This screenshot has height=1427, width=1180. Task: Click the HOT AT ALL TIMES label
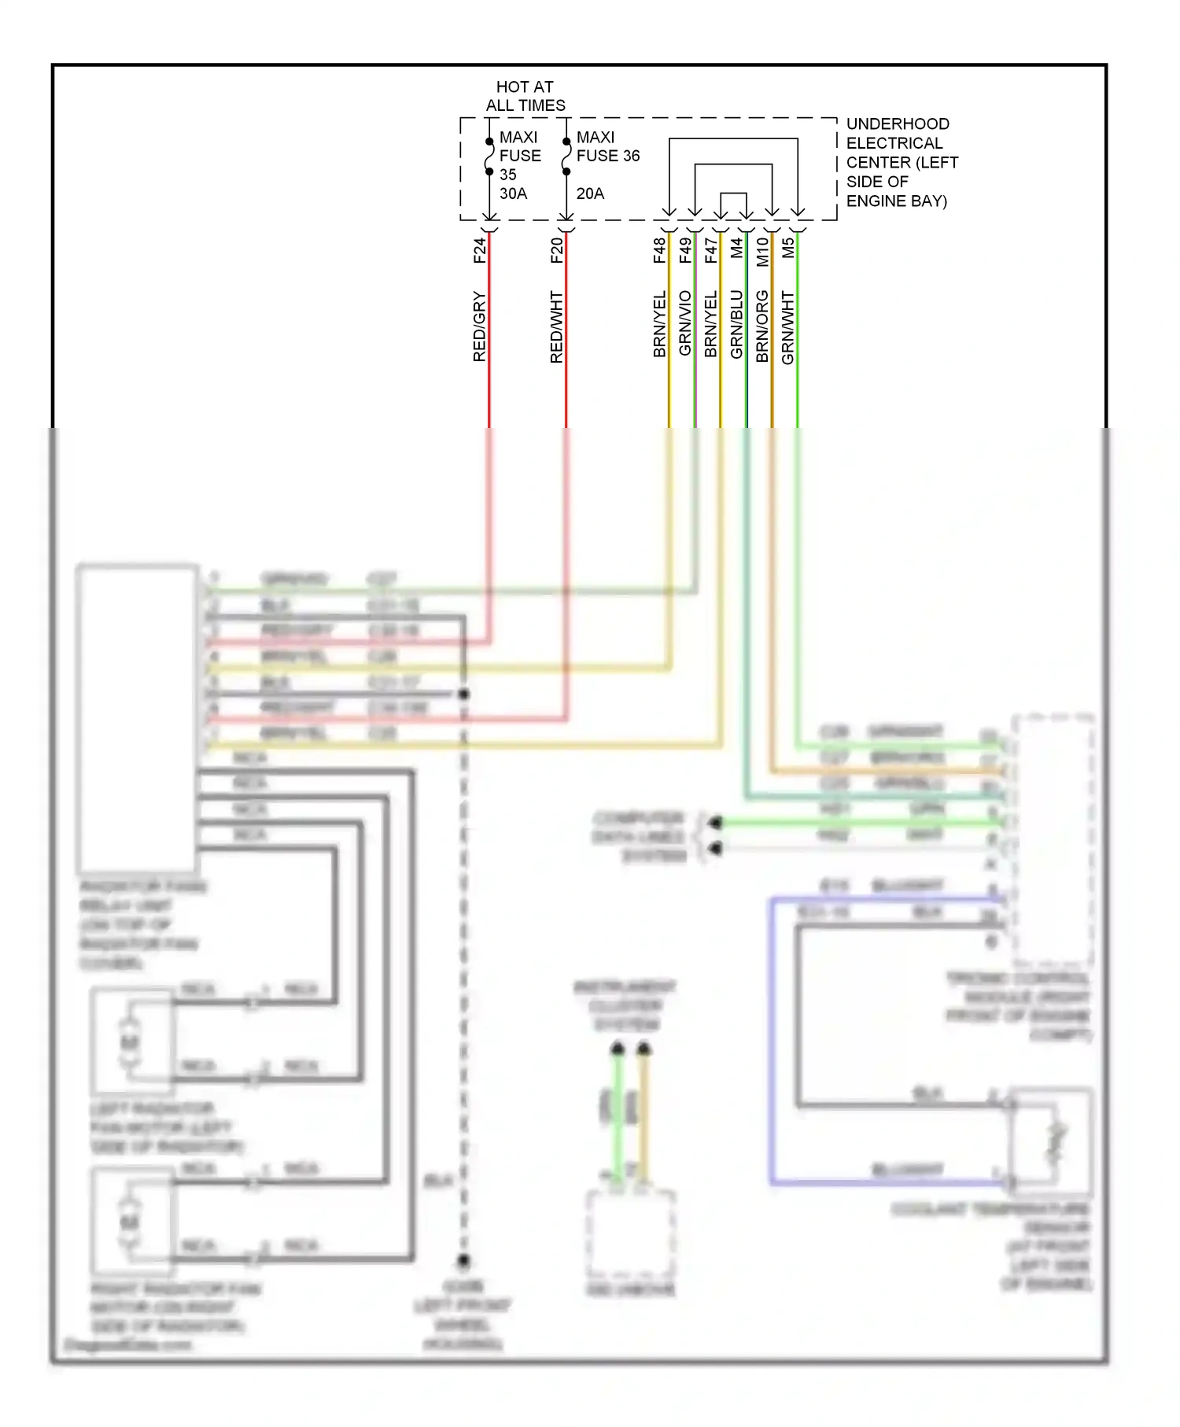point(525,96)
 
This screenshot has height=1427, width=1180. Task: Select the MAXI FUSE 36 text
point(607,146)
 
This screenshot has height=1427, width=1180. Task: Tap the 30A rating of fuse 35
point(513,194)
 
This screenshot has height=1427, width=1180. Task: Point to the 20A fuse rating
point(590,194)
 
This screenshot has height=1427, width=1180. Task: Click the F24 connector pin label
point(480,250)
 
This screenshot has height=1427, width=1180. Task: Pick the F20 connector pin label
point(557,250)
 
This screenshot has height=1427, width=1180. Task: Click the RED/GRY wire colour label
point(480,326)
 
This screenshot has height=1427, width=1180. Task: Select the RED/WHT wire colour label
point(557,326)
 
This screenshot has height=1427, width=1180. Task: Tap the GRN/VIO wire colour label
point(685,323)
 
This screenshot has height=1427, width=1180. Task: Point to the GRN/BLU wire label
point(736,324)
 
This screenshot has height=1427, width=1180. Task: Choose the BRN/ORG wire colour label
point(762,326)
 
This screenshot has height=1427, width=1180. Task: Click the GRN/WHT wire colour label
point(788,327)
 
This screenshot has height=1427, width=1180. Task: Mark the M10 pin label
point(762,252)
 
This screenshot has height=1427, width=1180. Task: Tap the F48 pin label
point(659,250)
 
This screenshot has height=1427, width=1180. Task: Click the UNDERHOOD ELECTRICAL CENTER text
point(902,162)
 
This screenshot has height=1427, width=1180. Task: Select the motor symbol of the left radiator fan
point(130,1042)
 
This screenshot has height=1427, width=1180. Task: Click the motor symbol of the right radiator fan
point(130,1222)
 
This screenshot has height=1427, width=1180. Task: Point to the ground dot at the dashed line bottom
point(463,1261)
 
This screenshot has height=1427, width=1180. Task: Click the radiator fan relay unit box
point(137,717)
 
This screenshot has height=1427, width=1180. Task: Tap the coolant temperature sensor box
point(1051,1141)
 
